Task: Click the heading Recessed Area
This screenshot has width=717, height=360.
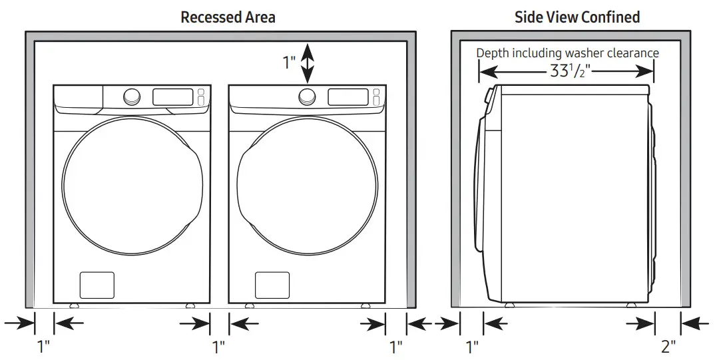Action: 228,17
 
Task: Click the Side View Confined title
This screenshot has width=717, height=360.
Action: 577,17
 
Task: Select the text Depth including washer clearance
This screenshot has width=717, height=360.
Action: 567,53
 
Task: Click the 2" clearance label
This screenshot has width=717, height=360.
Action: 668,346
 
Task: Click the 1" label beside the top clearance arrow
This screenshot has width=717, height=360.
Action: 289,63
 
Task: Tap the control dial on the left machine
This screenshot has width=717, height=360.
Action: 132,96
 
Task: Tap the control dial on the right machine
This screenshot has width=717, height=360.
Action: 307,96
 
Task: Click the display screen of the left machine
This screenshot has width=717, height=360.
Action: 172,96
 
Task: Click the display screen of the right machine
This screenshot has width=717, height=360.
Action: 348,96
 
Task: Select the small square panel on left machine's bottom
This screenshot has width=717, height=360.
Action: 97,285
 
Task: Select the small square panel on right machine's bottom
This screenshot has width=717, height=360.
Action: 272,285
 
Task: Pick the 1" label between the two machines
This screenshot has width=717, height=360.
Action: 218,347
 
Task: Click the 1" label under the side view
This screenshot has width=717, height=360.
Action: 472,347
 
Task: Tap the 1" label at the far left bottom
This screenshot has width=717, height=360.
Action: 43,347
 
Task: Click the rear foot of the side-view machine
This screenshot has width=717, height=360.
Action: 630,305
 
